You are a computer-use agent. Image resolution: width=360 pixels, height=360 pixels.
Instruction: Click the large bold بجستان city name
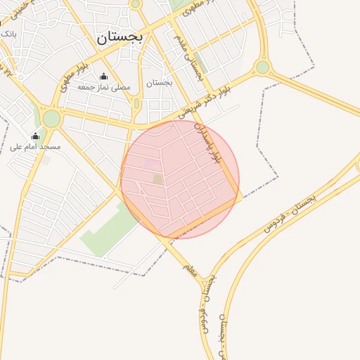[x=120, y=37]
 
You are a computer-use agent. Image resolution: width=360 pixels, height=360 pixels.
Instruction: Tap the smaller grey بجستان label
[x=160, y=83]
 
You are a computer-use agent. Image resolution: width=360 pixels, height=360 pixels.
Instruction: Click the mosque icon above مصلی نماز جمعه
[x=104, y=77]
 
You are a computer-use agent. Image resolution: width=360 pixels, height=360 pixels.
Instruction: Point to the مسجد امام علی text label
[x=35, y=147]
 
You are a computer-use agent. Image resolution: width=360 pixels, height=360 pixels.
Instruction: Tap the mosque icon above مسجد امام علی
[x=35, y=136]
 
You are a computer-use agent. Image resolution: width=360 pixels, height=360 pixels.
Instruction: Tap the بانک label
[x=8, y=33]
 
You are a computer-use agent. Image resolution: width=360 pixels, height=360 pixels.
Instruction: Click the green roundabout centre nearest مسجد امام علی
[x=51, y=118]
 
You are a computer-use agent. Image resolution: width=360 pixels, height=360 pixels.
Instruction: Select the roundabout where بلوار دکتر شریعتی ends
[x=262, y=67]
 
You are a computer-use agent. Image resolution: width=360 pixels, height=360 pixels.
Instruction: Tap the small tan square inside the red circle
[x=158, y=179]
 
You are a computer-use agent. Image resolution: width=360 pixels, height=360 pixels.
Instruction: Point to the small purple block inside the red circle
[x=151, y=164]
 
